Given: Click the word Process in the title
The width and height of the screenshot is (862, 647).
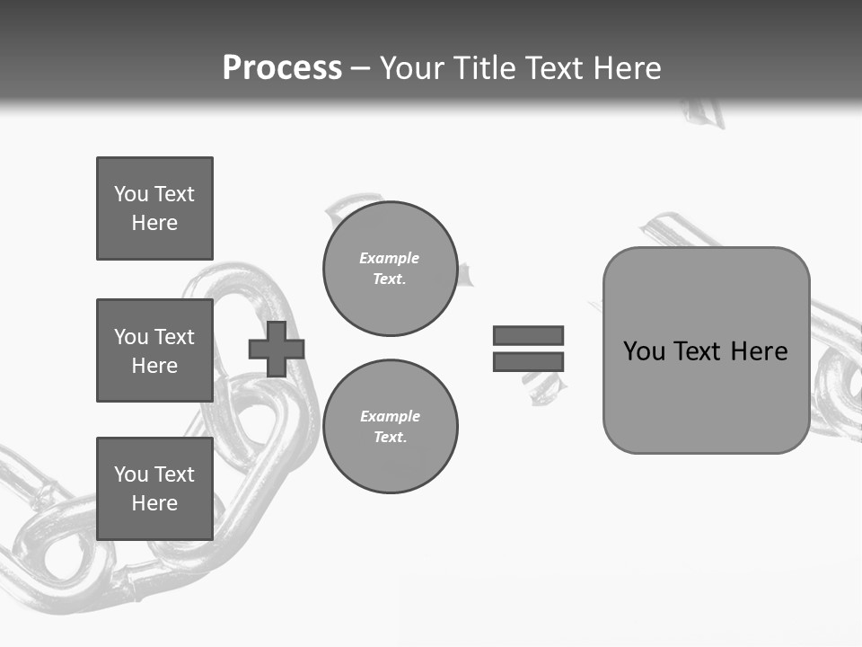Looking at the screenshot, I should [282, 67].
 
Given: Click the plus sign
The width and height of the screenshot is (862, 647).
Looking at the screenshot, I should [277, 349].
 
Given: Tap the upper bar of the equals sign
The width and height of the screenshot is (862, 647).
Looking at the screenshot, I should [528, 335].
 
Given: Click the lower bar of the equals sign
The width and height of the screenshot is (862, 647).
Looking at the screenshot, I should [528, 361].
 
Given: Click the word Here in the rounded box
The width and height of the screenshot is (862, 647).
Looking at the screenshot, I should [759, 350].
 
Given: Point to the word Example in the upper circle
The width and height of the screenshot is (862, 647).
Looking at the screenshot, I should [389, 258].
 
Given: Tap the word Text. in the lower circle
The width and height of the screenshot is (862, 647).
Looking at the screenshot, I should [391, 437].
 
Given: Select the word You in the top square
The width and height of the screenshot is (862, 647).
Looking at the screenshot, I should [131, 194].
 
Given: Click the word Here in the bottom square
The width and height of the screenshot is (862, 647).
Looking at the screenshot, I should [154, 503].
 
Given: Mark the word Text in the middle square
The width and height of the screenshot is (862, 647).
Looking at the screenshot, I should [174, 337].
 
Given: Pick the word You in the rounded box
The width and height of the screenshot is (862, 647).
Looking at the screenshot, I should [644, 350].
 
